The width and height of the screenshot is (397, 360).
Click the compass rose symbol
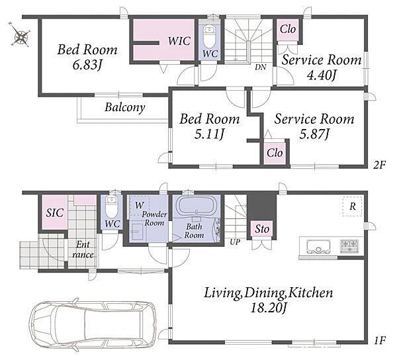(20, 34)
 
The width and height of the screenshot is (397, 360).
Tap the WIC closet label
(179, 41)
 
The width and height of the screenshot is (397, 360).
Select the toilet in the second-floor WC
(210, 37)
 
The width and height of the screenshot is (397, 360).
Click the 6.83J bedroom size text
(87, 65)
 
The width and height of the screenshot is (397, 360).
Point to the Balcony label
(125, 107)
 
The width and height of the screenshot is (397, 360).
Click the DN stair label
(260, 67)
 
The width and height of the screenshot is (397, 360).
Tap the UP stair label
(235, 242)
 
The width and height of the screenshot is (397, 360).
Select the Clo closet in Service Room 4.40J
(288, 29)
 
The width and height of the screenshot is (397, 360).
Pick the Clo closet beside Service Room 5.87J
(275, 153)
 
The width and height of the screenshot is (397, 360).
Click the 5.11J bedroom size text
(209, 134)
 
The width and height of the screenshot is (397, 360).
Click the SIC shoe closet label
(54, 213)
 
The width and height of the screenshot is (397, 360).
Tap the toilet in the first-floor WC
(111, 206)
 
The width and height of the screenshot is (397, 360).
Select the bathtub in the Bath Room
(197, 206)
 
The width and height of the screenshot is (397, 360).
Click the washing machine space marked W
(139, 205)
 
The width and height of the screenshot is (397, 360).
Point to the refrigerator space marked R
(352, 206)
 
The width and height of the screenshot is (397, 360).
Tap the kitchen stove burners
(349, 246)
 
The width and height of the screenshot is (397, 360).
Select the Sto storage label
(262, 229)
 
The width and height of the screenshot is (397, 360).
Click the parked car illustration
(93, 324)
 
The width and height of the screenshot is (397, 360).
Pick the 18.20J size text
(269, 308)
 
